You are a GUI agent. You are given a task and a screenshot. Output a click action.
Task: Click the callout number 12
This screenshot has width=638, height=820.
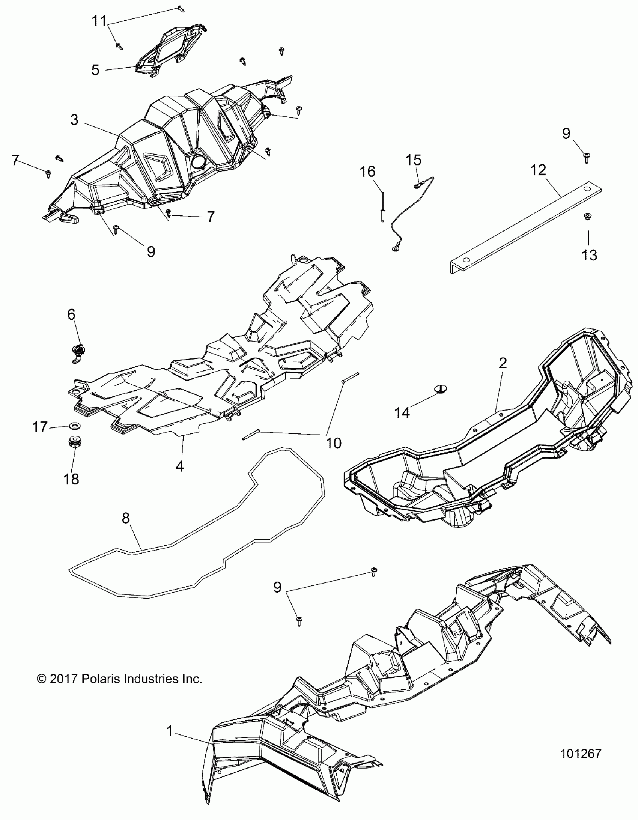tap(538, 170)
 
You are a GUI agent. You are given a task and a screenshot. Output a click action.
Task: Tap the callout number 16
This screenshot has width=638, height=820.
tap(367, 172)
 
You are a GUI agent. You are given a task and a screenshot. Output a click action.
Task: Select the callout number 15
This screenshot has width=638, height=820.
tap(413, 160)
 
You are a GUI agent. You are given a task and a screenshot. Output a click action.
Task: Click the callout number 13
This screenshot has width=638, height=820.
tap(589, 256)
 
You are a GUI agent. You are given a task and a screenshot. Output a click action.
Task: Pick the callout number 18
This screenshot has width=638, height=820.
tap(71, 479)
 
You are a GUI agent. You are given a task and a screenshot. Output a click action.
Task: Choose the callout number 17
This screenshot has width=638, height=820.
tap(40, 427)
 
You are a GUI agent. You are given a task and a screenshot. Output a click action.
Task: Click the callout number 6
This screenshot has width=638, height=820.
tap(71, 314)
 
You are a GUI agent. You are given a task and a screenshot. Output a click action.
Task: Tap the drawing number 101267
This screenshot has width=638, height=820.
tap(581, 753)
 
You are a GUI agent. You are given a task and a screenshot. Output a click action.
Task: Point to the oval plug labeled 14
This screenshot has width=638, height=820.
tap(441, 388)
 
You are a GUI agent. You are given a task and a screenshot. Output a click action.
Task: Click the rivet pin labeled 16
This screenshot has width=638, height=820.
tap(383, 206)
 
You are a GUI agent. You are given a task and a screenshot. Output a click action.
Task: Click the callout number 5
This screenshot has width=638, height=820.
tap(95, 70)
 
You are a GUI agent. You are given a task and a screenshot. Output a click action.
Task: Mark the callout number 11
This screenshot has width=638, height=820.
tap(99, 21)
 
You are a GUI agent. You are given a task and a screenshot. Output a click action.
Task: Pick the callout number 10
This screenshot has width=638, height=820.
tap(334, 443)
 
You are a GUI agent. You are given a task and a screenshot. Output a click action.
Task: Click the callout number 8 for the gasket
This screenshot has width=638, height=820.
tap(126, 518)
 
